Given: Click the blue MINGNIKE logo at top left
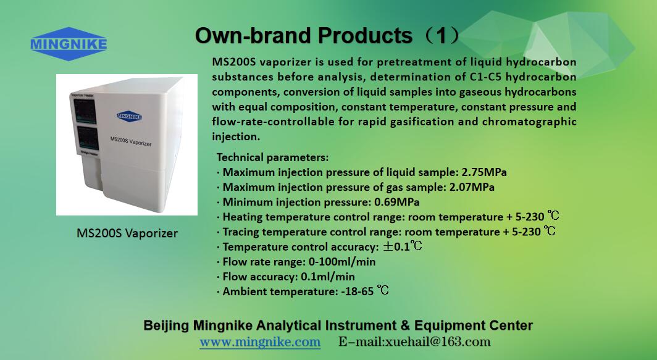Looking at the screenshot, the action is click(69, 44).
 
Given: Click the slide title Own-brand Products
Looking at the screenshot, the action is click(304, 36).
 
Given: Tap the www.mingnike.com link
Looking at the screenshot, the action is click(260, 342).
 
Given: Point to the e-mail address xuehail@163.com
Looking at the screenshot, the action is click(437, 341).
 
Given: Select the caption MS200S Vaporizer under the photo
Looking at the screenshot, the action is click(127, 233).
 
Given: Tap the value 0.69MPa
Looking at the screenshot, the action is click(397, 202).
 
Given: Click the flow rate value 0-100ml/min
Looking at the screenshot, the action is click(342, 262).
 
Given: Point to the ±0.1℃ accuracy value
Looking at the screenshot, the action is click(402, 246).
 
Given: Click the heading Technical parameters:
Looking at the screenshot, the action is click(272, 157).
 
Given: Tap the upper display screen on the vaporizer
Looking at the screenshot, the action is click(85, 111).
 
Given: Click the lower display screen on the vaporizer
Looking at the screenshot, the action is click(88, 138).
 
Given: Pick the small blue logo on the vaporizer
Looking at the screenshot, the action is click(129, 116).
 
